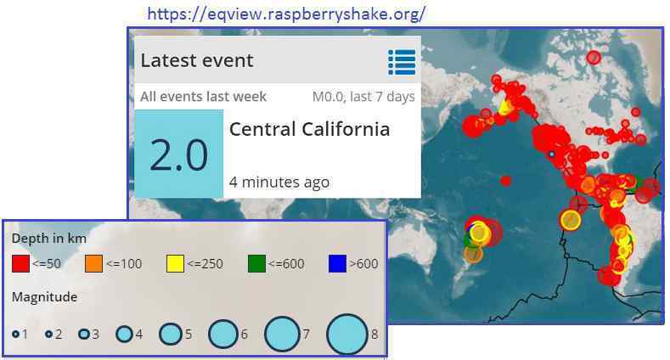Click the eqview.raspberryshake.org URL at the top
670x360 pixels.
click(286, 14)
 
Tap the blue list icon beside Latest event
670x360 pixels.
click(402, 62)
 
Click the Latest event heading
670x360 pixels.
click(197, 60)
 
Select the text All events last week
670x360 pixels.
click(204, 97)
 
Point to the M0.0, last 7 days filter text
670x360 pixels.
click(363, 97)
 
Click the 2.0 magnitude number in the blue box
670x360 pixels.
click(179, 155)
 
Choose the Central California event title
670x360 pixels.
click(309, 129)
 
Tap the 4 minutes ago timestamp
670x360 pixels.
click(279, 183)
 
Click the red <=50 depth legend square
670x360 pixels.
click(20, 263)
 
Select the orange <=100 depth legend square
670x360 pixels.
click(93, 263)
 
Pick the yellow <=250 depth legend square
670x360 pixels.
click(175, 263)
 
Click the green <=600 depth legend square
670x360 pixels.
click(256, 263)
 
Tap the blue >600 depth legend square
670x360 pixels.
click(337, 263)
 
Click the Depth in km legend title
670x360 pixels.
click(49, 239)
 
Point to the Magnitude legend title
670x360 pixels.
click(45, 297)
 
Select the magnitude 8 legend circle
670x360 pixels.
click(347, 335)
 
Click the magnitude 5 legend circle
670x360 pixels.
click(171, 334)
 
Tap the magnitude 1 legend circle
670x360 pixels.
click(16, 334)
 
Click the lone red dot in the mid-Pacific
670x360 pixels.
click(506, 181)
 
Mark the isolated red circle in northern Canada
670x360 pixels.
click(594, 57)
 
